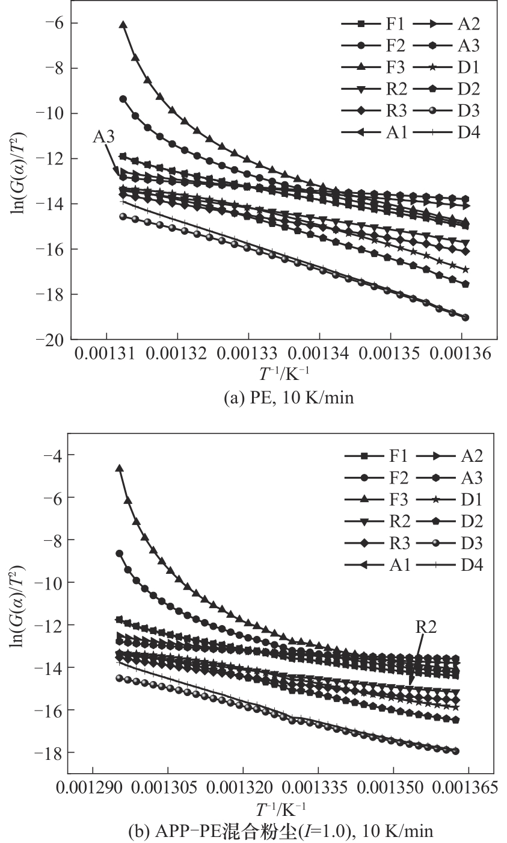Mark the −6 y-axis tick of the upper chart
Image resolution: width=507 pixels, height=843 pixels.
click(54, 23)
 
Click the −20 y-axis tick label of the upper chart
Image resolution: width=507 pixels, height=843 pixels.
click(51, 340)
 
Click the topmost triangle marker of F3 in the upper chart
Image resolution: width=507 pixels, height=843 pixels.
click(123, 25)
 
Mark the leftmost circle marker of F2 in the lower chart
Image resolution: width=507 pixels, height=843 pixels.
click(119, 553)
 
